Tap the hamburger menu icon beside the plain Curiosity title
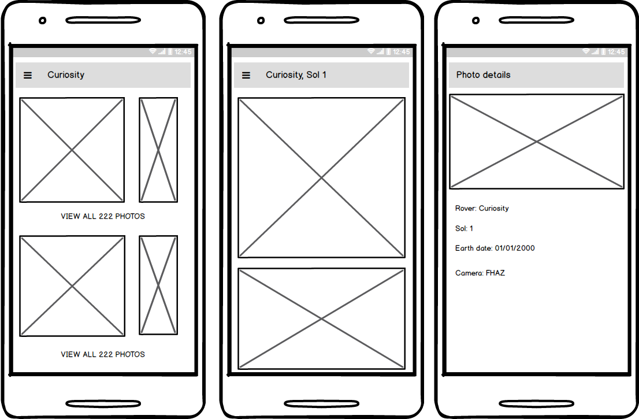click(x=28, y=75)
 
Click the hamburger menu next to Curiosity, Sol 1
click(x=246, y=75)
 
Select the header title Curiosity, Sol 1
click(x=296, y=75)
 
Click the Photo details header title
click(x=483, y=75)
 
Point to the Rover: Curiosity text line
click(x=482, y=208)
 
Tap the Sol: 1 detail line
click(x=464, y=228)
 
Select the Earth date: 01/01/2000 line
click(x=495, y=249)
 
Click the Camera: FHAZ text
click(x=480, y=273)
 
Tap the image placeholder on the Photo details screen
click(x=536, y=142)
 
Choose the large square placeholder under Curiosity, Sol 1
click(x=321, y=177)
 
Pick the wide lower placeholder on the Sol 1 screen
click(x=321, y=318)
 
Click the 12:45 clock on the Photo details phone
click(x=616, y=52)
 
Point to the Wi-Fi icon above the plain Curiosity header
click(x=153, y=52)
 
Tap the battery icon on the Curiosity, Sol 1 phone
click(x=388, y=52)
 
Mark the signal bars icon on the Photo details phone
click(x=595, y=52)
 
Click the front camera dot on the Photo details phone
click(x=475, y=21)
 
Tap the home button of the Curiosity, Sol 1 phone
click(x=321, y=403)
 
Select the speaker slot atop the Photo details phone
click(x=536, y=21)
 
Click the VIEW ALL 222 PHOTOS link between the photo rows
click(x=103, y=216)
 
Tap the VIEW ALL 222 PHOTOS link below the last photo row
click(x=103, y=354)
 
